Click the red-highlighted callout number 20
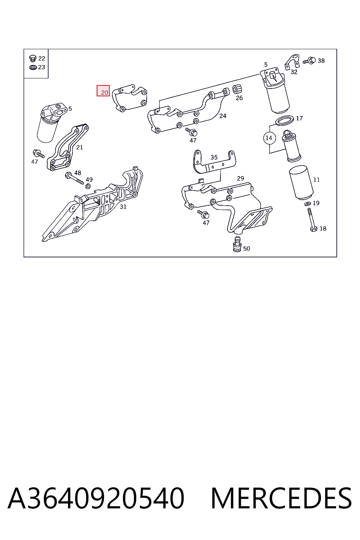click(x=103, y=91)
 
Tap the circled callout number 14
click(x=269, y=138)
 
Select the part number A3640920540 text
click(x=96, y=499)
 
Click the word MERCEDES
click(x=281, y=499)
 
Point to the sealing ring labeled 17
click(x=284, y=121)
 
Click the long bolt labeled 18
click(x=312, y=220)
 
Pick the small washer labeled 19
click(x=307, y=204)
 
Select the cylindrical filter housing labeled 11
click(x=301, y=182)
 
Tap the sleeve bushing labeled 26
click(x=237, y=89)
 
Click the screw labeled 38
click(x=309, y=60)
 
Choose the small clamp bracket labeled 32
click(x=292, y=62)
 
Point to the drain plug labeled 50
click(x=237, y=244)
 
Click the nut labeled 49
click(x=88, y=186)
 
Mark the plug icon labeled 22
click(x=33, y=58)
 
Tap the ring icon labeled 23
click(x=33, y=67)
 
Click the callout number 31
click(x=123, y=207)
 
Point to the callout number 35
click(x=214, y=157)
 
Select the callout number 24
click(x=223, y=116)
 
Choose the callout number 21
click(x=79, y=147)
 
